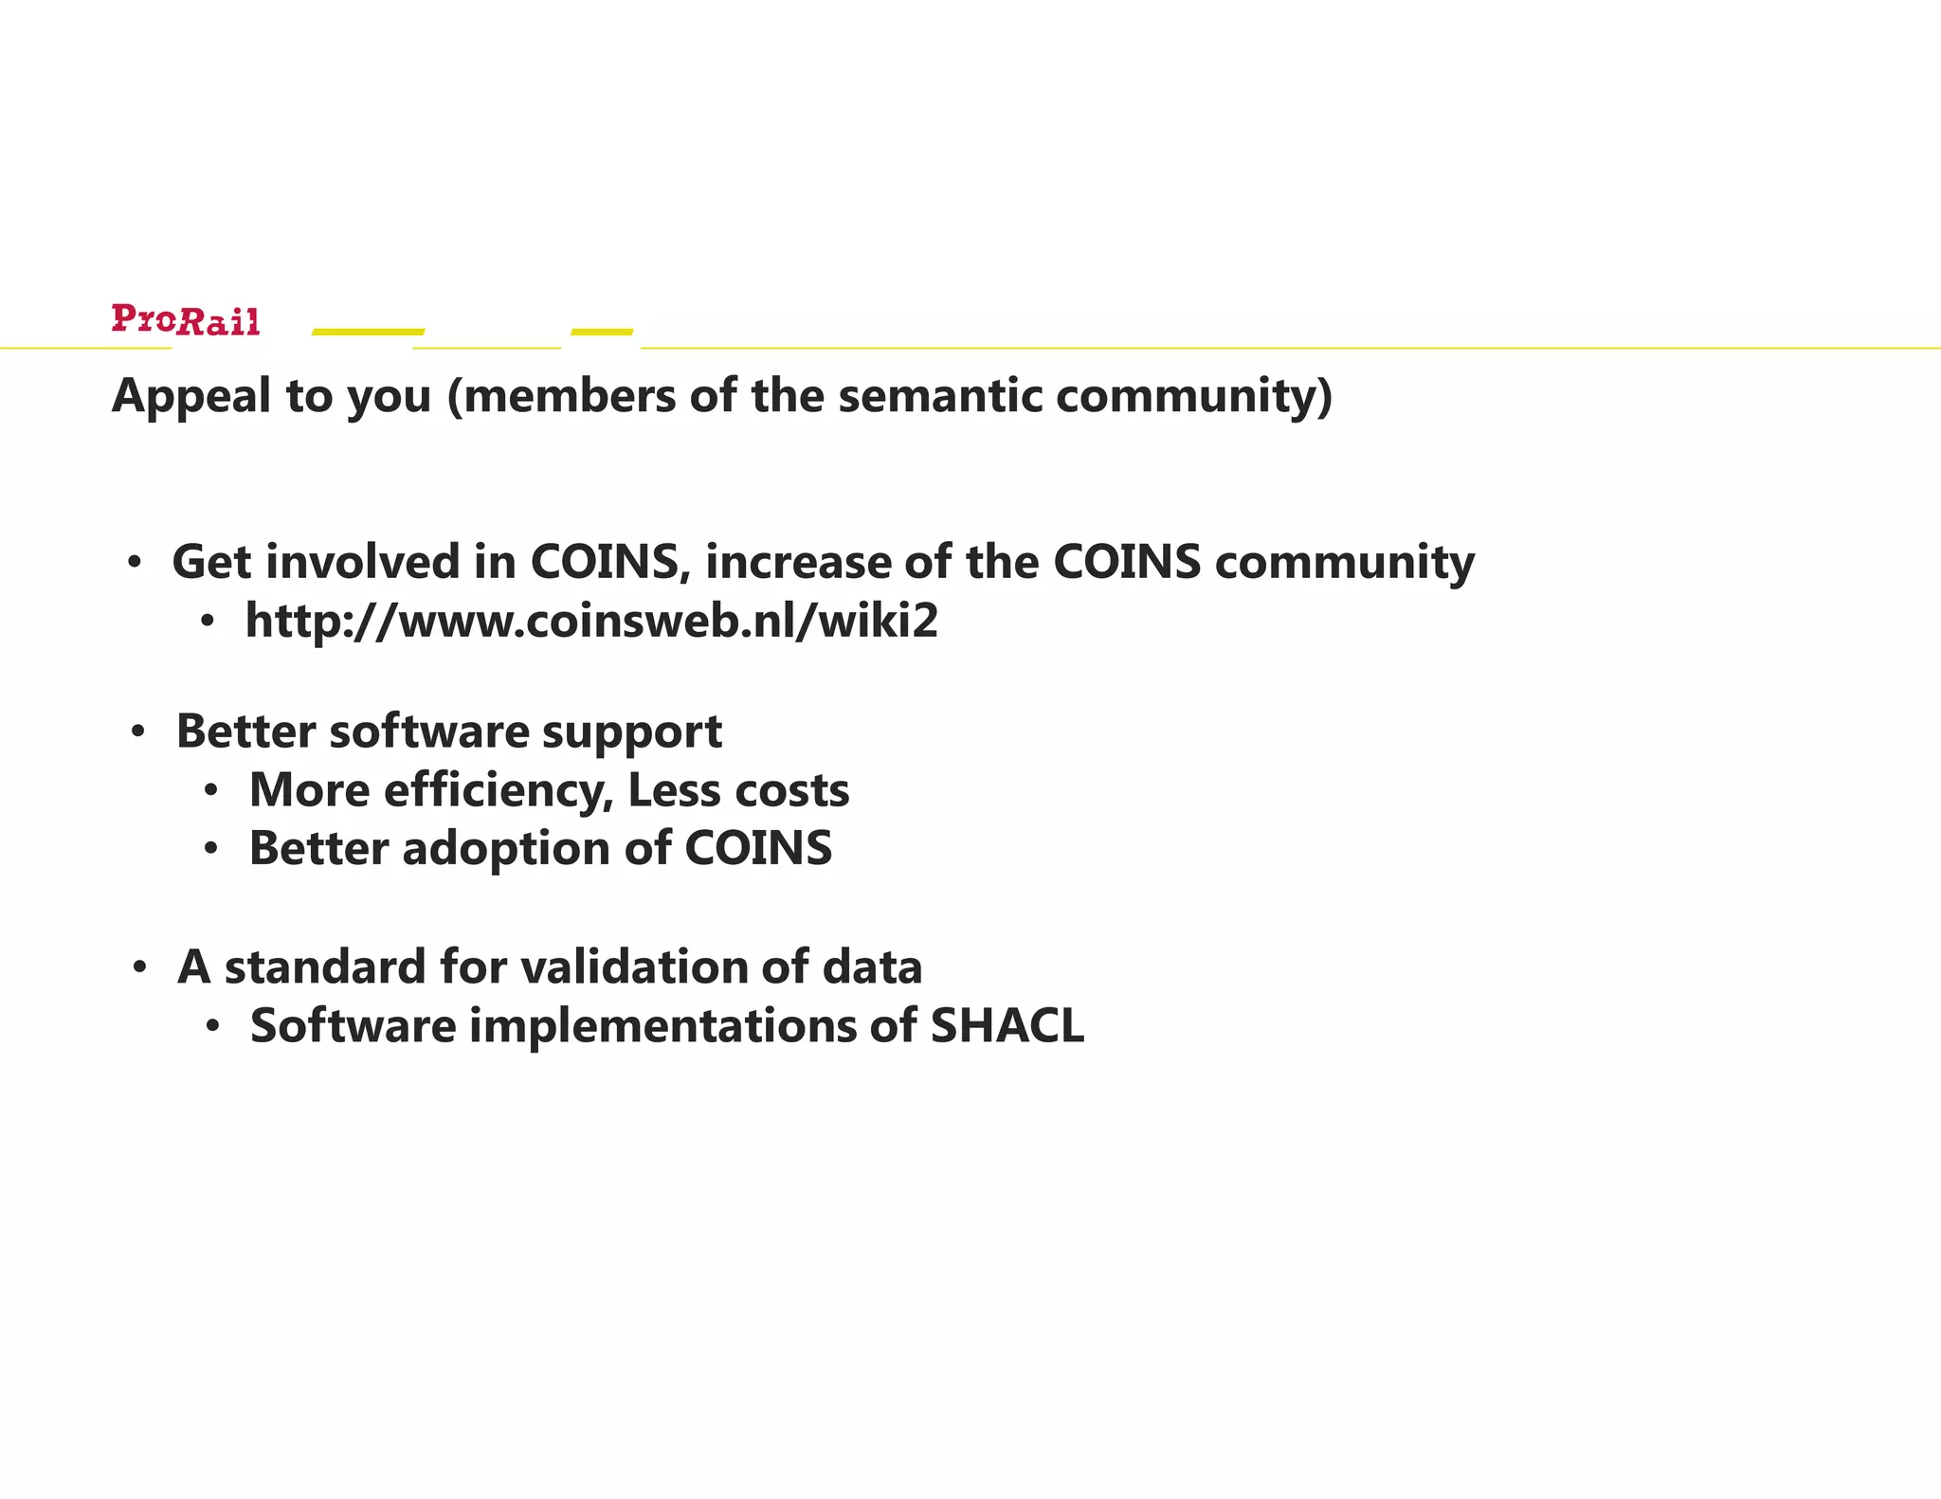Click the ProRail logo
(x=185, y=320)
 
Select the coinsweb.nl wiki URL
(x=591, y=621)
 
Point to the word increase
(x=797, y=562)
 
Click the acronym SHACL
(x=1007, y=1026)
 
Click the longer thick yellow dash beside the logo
(x=369, y=332)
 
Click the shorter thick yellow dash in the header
(x=602, y=332)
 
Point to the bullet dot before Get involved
(x=135, y=563)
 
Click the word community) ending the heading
(x=1194, y=396)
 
